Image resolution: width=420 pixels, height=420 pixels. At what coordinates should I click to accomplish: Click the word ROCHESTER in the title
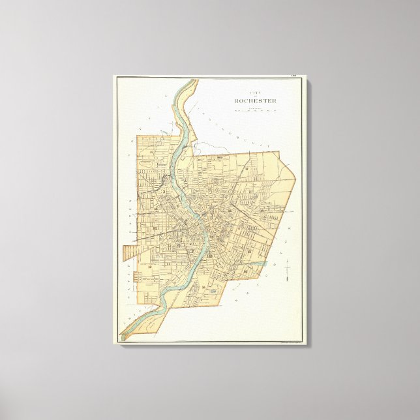255,101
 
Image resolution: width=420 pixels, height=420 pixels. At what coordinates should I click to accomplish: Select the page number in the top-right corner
294,78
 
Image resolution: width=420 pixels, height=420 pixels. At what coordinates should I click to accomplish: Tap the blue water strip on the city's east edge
258,264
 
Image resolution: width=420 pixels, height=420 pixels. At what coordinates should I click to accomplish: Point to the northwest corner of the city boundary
138,136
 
